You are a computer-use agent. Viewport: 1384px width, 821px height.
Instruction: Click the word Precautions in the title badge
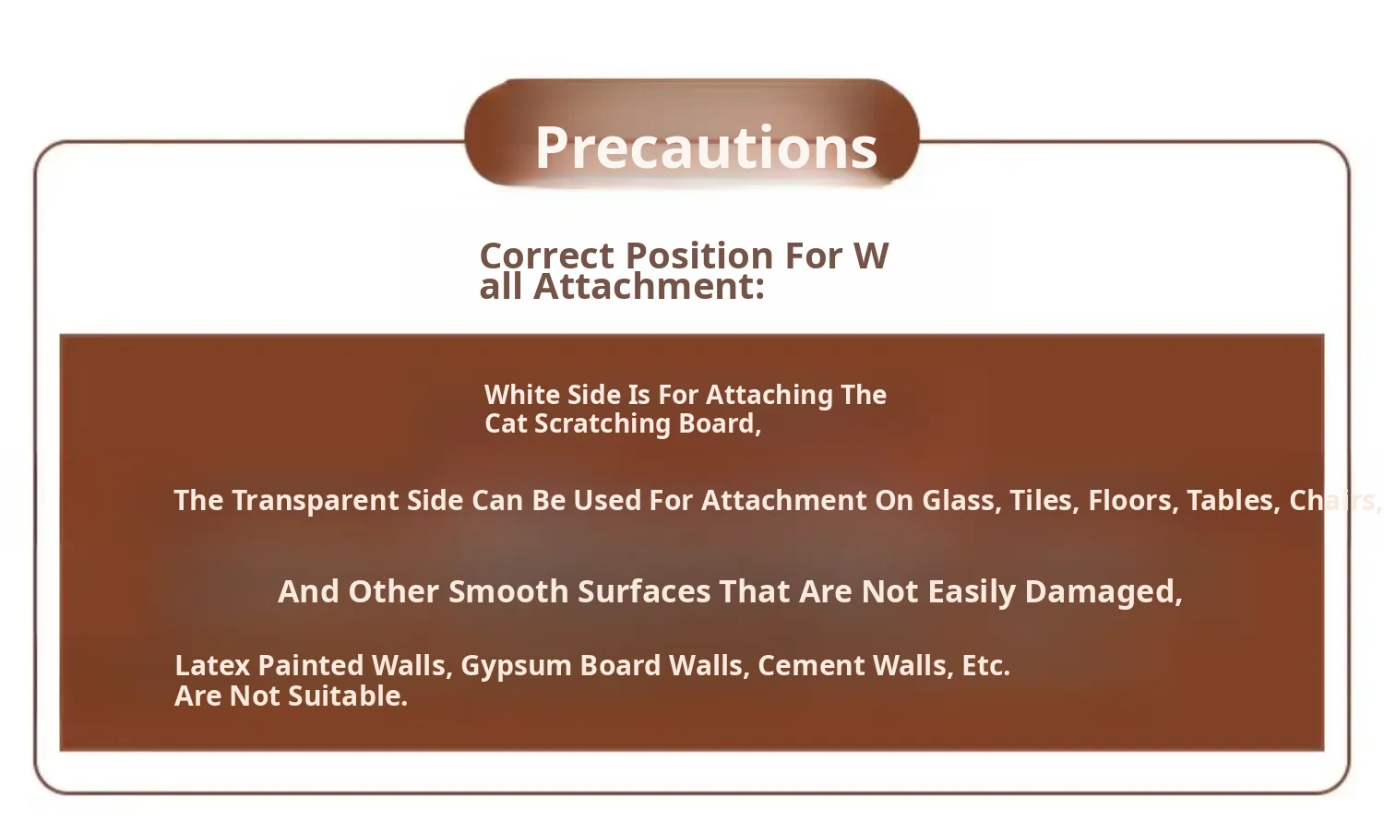pos(706,148)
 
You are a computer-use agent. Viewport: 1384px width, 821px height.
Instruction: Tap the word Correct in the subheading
pos(546,256)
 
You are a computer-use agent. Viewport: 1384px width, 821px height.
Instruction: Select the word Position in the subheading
pos(699,256)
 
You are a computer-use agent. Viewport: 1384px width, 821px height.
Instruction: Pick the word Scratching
pos(603,424)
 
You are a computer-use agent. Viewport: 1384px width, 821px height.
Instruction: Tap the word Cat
pos(506,423)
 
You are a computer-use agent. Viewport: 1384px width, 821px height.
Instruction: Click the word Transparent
pos(316,501)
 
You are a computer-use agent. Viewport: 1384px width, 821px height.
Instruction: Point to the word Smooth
pos(508,592)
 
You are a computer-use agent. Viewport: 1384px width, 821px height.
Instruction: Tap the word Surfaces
pos(644,592)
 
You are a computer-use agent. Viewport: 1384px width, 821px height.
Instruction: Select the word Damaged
pos(1104,593)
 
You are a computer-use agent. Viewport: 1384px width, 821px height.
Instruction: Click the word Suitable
pos(348,696)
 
